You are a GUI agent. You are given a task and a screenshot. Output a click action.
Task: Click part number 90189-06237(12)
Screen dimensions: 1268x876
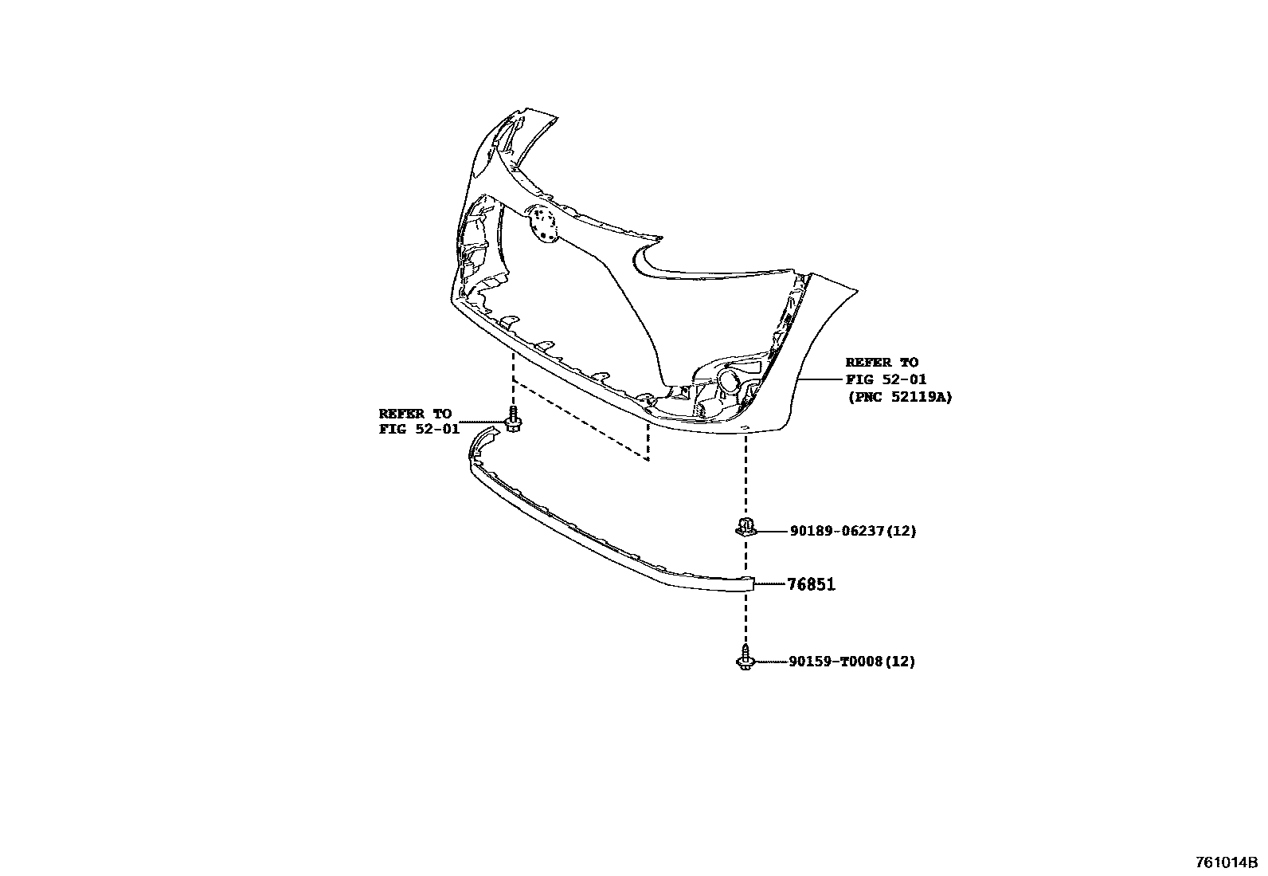[852, 531]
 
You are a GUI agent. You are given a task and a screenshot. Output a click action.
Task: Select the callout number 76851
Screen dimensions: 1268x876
[811, 584]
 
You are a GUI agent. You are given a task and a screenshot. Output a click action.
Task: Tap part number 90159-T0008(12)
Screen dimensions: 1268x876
[851, 662]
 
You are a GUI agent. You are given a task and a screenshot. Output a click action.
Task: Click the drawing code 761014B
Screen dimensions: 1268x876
[1226, 862]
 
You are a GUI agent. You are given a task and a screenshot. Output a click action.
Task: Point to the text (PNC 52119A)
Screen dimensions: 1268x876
[899, 396]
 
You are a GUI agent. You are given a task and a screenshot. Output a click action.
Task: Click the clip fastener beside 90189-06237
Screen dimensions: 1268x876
[744, 527]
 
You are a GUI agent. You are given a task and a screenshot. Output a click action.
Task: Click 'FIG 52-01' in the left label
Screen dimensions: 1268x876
[419, 430]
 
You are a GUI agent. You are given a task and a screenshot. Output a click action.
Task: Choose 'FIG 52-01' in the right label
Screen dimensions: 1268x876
[886, 379]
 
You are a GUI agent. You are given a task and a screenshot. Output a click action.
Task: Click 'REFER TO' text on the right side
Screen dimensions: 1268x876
[882, 363]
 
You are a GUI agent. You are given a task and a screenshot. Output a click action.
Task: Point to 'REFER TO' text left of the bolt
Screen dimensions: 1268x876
[415, 414]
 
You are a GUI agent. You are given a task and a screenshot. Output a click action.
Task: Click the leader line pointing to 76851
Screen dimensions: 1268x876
[769, 584]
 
